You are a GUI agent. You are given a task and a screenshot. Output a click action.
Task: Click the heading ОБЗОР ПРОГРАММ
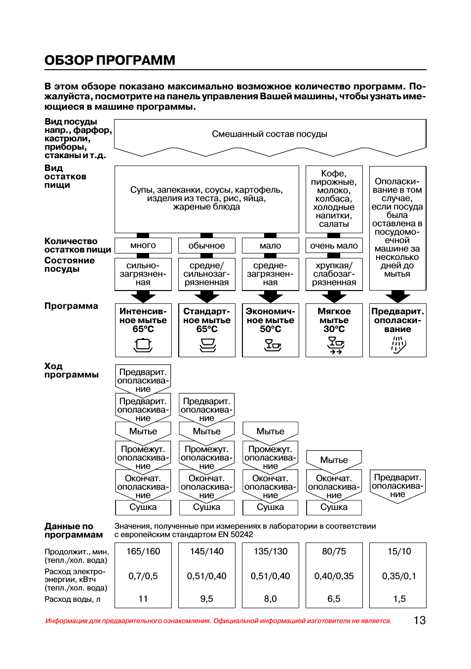pos(110,60)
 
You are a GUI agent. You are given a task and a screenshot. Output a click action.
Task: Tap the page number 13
pos(419,621)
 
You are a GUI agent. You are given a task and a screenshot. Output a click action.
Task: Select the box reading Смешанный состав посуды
pos(270,134)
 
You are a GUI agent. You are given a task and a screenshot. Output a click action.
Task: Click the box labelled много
pos(143,246)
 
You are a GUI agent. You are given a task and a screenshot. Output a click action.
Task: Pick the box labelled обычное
pos(206,246)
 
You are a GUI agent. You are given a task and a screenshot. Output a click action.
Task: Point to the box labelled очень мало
pos(334,246)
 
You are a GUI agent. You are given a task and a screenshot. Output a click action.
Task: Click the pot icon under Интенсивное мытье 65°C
pos(143,344)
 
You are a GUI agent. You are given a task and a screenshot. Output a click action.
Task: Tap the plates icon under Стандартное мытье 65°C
pos(207,345)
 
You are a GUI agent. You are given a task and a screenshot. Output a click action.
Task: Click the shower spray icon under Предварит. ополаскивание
pos(398,345)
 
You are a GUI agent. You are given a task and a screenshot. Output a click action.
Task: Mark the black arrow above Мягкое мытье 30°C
pos(334,297)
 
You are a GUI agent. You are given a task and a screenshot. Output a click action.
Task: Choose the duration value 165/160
pos(143,551)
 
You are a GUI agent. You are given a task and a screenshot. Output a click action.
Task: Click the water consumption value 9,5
pos(206,599)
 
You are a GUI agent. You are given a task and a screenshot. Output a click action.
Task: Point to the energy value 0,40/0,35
pos(334,576)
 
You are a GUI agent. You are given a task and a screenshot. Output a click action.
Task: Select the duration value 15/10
pos(399,551)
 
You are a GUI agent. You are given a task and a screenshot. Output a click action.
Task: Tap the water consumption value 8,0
pos(270,599)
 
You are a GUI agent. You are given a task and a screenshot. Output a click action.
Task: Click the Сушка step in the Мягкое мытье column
pos(334,507)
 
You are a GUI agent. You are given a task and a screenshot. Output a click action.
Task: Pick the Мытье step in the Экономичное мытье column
pos(270,431)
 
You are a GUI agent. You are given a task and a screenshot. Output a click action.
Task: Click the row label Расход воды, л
pos(73,599)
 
